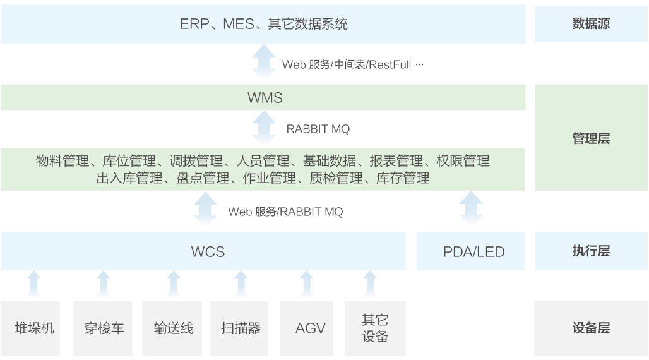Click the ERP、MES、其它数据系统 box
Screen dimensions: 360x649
(263, 24)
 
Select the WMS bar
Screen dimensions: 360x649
(263, 98)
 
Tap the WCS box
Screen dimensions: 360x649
(203, 251)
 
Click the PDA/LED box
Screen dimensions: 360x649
(471, 251)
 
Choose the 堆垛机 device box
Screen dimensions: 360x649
(34, 328)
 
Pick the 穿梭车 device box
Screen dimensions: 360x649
(104, 328)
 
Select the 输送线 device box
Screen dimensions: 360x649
(174, 328)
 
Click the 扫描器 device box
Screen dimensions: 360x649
(241, 328)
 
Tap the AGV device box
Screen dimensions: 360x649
(310, 328)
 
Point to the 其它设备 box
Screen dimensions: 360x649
(375, 328)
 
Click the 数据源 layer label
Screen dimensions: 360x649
(591, 24)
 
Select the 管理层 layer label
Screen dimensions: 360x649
(591, 138)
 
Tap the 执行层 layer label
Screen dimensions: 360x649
(591, 251)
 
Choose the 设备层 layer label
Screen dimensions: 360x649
(591, 328)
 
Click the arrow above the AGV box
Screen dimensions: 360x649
(307, 284)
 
